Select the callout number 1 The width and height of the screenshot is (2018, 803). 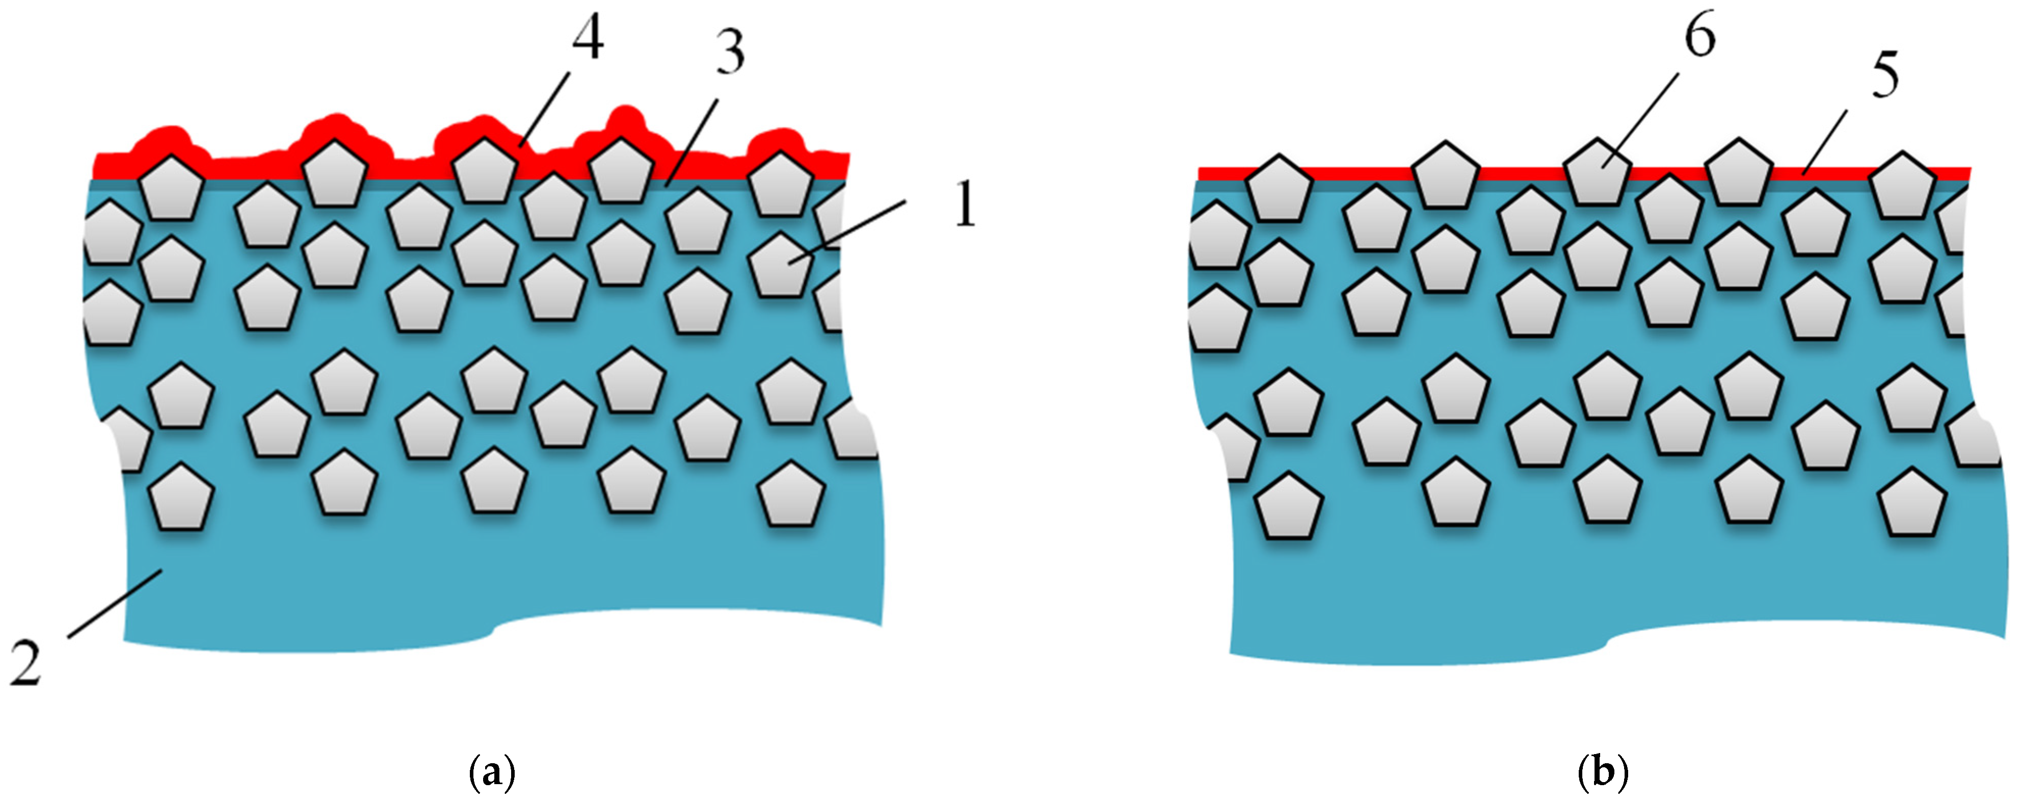pos(966,205)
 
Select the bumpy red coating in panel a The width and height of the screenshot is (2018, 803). pos(235,167)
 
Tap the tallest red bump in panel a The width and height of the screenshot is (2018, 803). pos(624,119)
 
